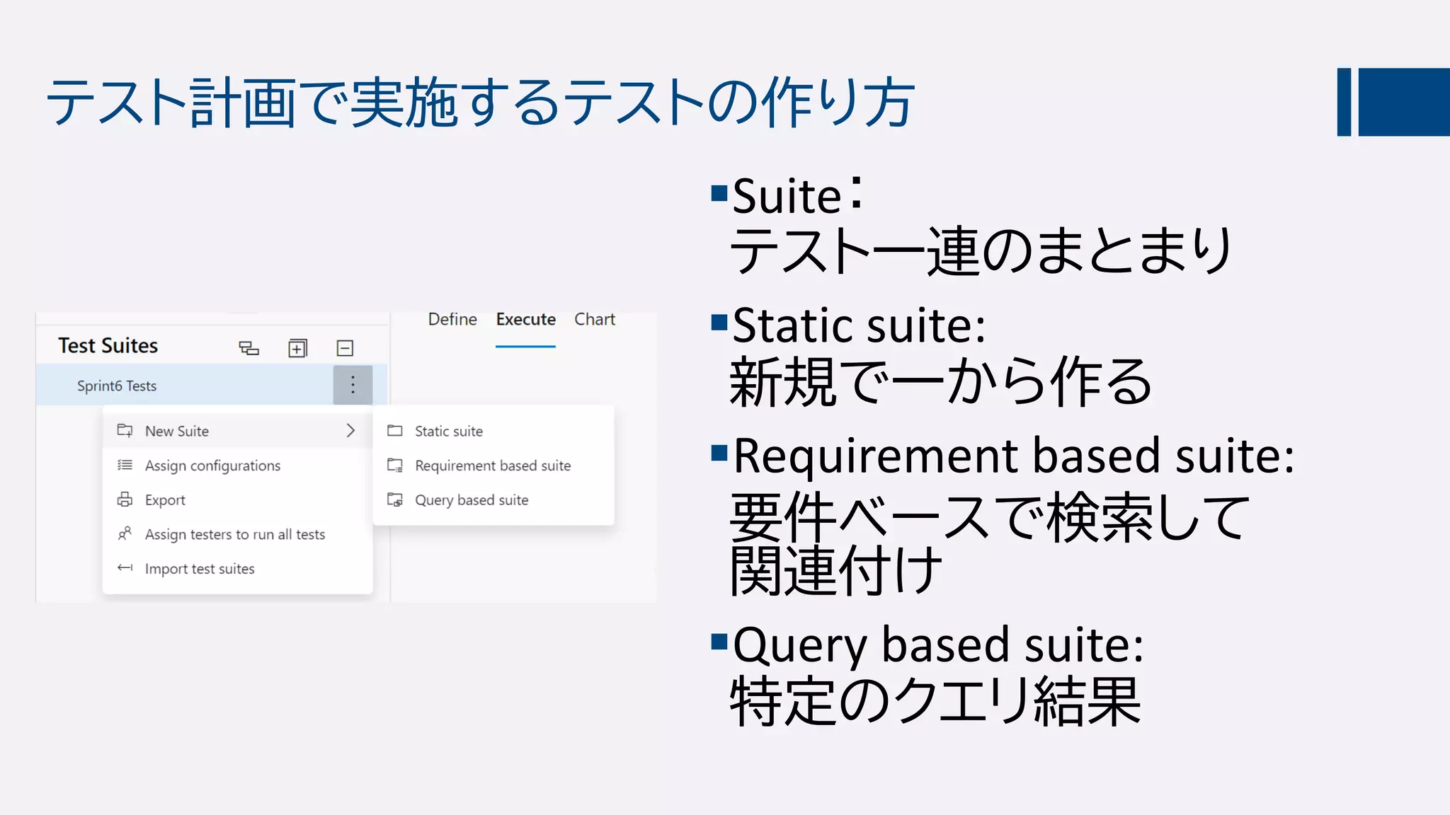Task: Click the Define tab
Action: coord(452,320)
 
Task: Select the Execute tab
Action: coord(525,320)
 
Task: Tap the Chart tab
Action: coord(594,320)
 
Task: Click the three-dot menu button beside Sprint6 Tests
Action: coord(353,385)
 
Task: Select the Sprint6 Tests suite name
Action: coord(117,386)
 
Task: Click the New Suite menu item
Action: coord(177,431)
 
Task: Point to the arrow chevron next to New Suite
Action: coord(350,430)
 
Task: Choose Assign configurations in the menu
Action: coord(212,466)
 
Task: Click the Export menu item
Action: coord(165,500)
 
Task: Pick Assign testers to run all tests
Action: coord(234,534)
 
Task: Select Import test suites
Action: coord(199,569)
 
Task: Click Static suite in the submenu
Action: coord(448,431)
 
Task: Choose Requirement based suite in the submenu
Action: coord(493,466)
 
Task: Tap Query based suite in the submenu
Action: coord(472,500)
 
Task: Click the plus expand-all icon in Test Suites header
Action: coord(297,348)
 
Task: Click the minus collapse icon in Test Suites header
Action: coord(345,348)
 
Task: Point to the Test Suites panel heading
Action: coord(108,346)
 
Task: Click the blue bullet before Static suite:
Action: coord(719,323)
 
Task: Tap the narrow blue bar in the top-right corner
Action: coord(1344,102)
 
